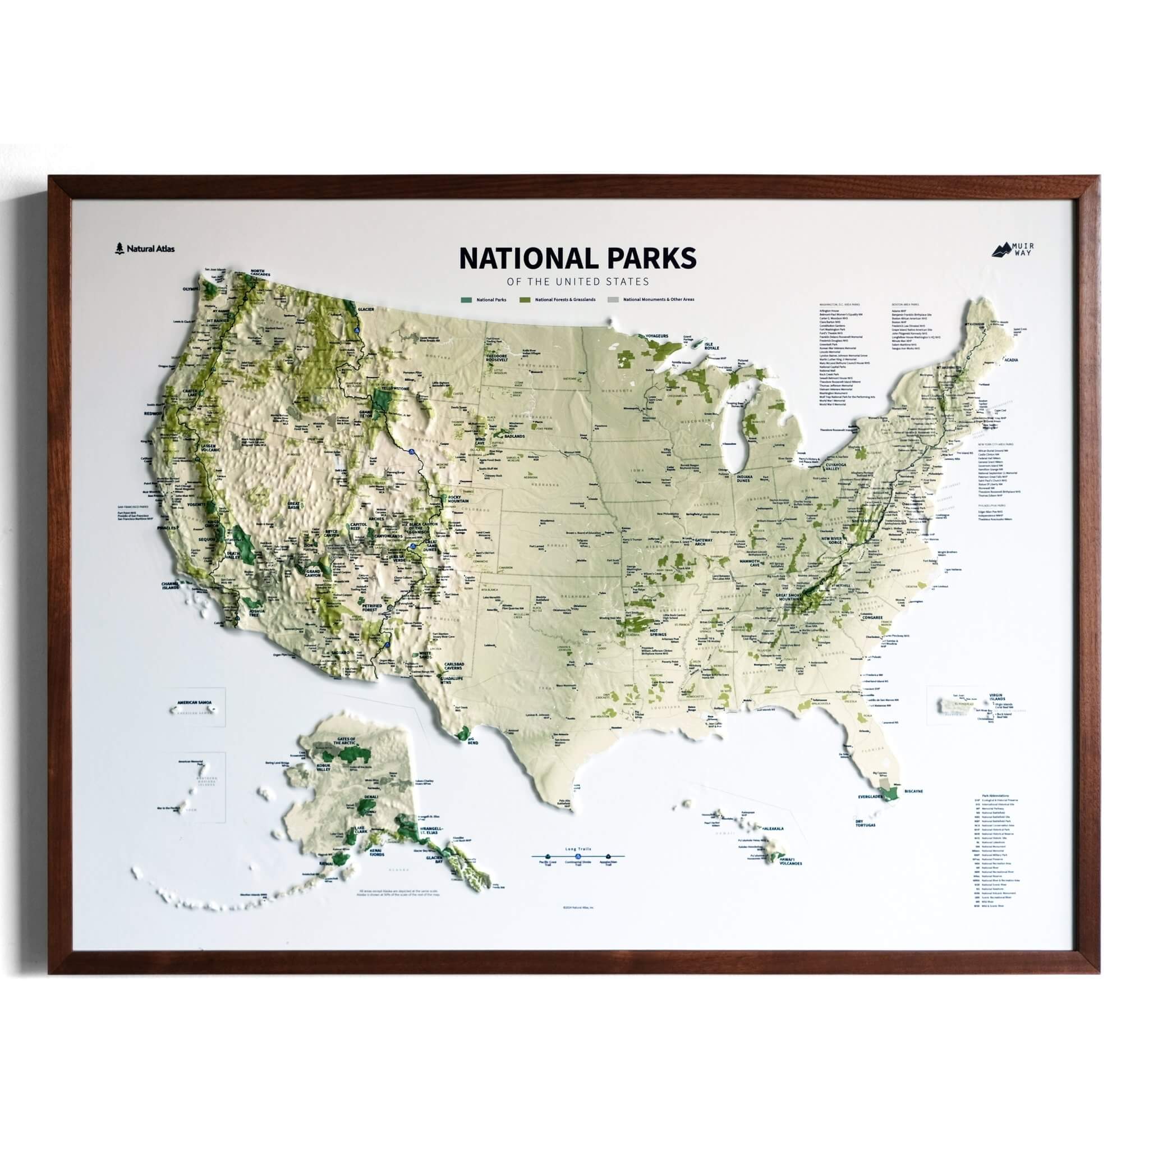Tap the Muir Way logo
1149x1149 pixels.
point(1012,249)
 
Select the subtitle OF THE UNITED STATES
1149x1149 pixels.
point(577,281)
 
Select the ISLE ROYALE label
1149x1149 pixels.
point(712,347)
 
